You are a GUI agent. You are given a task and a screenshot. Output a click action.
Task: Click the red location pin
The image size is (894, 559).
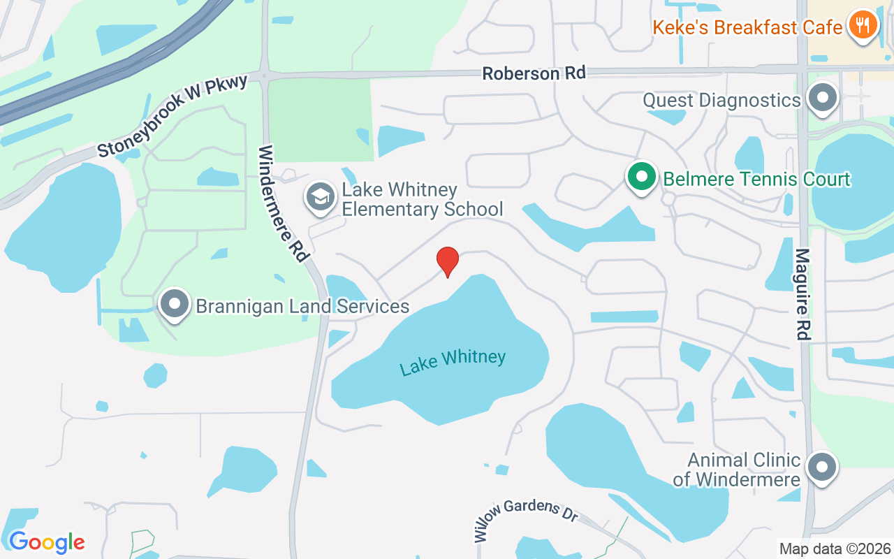click(x=447, y=261)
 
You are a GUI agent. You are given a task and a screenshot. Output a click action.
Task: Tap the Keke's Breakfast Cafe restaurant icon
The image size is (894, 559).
click(x=863, y=25)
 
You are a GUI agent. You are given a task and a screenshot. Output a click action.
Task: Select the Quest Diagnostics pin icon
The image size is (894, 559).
click(x=823, y=98)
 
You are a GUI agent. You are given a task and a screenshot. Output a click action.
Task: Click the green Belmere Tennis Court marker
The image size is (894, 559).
click(x=642, y=177)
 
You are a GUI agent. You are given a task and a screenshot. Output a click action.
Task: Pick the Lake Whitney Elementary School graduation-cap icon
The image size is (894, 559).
click(x=321, y=198)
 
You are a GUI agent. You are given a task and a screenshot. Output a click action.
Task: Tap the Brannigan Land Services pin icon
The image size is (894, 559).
click(x=174, y=305)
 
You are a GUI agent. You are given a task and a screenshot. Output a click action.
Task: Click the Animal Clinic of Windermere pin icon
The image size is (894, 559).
click(x=822, y=467)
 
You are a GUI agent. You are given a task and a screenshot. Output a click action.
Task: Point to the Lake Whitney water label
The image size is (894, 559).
click(x=453, y=362)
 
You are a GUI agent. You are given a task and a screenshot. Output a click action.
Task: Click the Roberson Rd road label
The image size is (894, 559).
click(x=534, y=73)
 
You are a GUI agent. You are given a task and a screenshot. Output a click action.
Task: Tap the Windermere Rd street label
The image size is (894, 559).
click(x=284, y=203)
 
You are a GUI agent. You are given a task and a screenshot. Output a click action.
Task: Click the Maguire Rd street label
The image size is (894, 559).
click(x=803, y=294)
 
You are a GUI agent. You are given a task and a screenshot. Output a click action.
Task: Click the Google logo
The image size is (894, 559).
click(x=47, y=542)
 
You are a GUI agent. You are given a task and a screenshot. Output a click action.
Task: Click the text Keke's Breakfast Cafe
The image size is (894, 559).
click(x=747, y=27)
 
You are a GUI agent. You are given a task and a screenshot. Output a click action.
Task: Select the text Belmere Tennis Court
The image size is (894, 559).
click(x=756, y=179)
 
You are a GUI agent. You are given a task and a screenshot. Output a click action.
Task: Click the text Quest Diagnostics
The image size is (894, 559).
click(x=721, y=101)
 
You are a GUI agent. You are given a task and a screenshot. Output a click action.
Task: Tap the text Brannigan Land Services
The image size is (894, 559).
click(x=302, y=306)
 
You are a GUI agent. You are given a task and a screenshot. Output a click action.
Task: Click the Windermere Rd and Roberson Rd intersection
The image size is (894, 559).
click(x=265, y=75)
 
